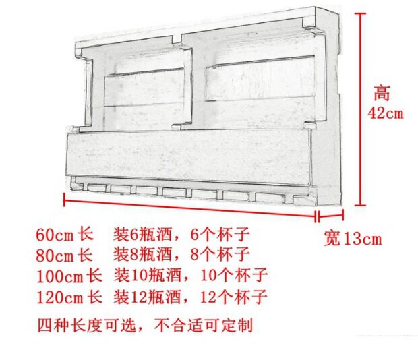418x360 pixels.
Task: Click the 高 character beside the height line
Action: [x=383, y=92]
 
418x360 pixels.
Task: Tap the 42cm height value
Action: [x=386, y=113]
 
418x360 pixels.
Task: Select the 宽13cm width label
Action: [x=353, y=239]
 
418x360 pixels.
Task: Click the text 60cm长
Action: [x=65, y=236]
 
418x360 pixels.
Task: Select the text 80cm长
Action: [x=65, y=256]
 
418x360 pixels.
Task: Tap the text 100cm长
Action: [x=69, y=276]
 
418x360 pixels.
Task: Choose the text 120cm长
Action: [x=69, y=296]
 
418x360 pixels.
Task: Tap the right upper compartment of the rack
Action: [x=260, y=81]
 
